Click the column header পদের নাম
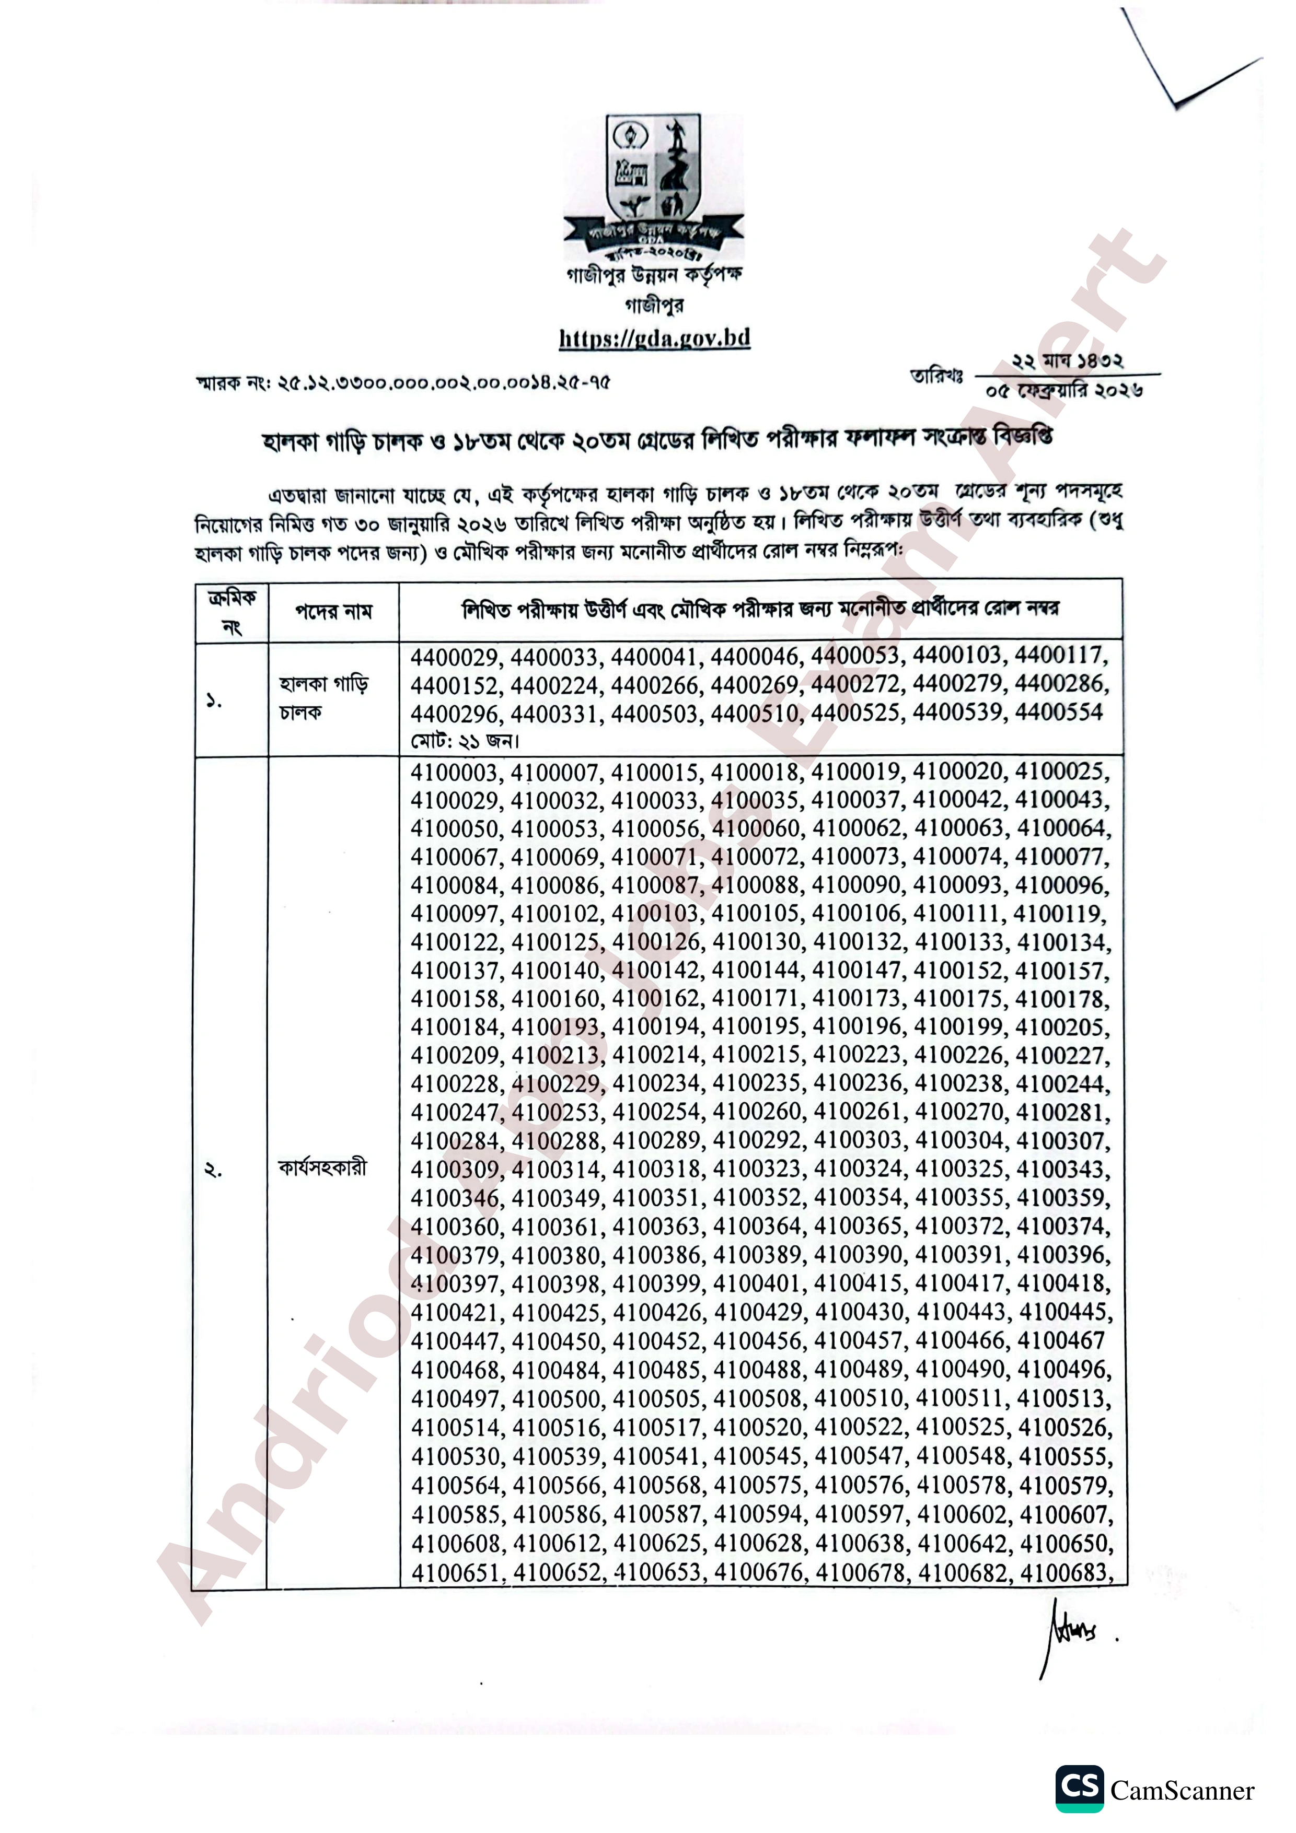click(x=334, y=612)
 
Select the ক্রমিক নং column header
click(x=232, y=612)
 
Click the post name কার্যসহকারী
click(x=322, y=1168)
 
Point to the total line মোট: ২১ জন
click(x=465, y=741)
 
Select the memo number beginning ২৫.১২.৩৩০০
click(x=443, y=383)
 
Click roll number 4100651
click(x=456, y=1573)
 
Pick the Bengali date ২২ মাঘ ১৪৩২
click(x=1067, y=361)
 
